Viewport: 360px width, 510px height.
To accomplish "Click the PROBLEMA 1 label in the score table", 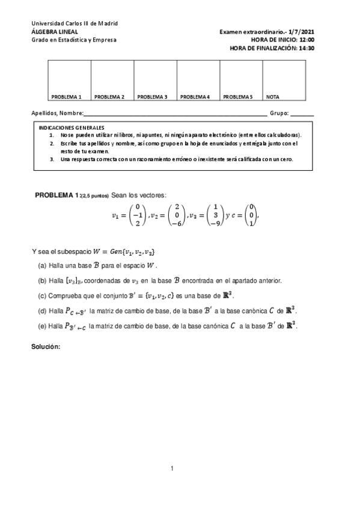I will [x=66, y=96].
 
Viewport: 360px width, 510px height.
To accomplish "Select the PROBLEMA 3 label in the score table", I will [x=152, y=96].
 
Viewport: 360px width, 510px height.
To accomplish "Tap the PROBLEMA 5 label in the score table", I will [x=238, y=96].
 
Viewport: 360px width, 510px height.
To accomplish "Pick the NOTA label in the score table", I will [x=273, y=96].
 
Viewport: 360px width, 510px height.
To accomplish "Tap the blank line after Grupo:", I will [x=302, y=113].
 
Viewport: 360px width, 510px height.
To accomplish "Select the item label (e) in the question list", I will [x=42, y=327].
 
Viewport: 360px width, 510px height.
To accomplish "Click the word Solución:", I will [x=46, y=347].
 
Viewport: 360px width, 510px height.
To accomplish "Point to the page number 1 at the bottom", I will [x=172, y=469].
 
